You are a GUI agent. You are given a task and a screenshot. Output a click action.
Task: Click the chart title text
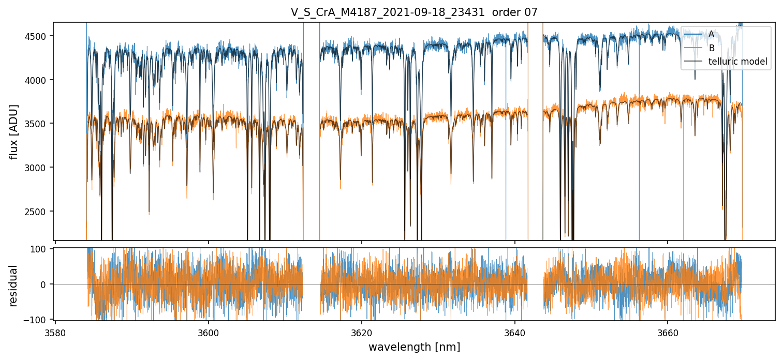point(414,12)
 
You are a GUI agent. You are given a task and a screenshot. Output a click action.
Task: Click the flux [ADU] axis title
point(13,131)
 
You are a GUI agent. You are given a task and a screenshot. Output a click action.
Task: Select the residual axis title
point(13,286)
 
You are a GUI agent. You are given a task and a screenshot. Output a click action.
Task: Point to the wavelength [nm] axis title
point(414,347)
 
